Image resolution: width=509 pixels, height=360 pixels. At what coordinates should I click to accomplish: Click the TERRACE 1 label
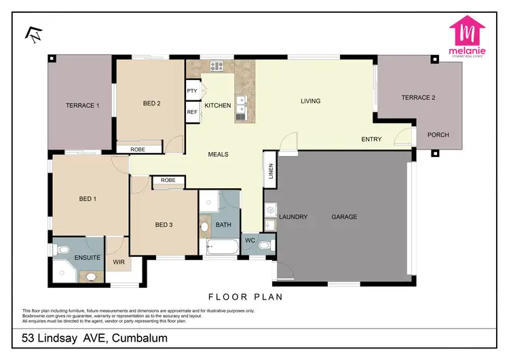click(x=82, y=105)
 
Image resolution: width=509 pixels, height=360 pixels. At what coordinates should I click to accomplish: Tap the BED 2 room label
click(x=151, y=103)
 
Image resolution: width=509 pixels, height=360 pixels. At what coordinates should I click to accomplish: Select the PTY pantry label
click(x=192, y=90)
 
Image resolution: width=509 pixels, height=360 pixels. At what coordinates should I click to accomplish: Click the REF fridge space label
click(x=192, y=112)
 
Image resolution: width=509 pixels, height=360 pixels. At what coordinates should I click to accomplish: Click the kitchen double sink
click(x=242, y=104)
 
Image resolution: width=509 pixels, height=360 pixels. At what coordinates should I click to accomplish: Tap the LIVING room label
click(x=310, y=101)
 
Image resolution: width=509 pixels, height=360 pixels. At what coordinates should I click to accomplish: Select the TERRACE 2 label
click(x=418, y=97)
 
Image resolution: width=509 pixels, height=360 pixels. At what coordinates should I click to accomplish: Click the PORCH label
click(x=438, y=134)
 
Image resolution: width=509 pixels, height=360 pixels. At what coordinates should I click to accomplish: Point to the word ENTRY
click(x=371, y=139)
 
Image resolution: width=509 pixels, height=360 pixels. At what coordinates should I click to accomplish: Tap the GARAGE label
click(x=344, y=217)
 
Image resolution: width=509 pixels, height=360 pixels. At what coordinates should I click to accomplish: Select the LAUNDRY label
click(x=294, y=217)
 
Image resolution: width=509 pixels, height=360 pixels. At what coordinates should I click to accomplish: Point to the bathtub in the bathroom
click(x=222, y=247)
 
